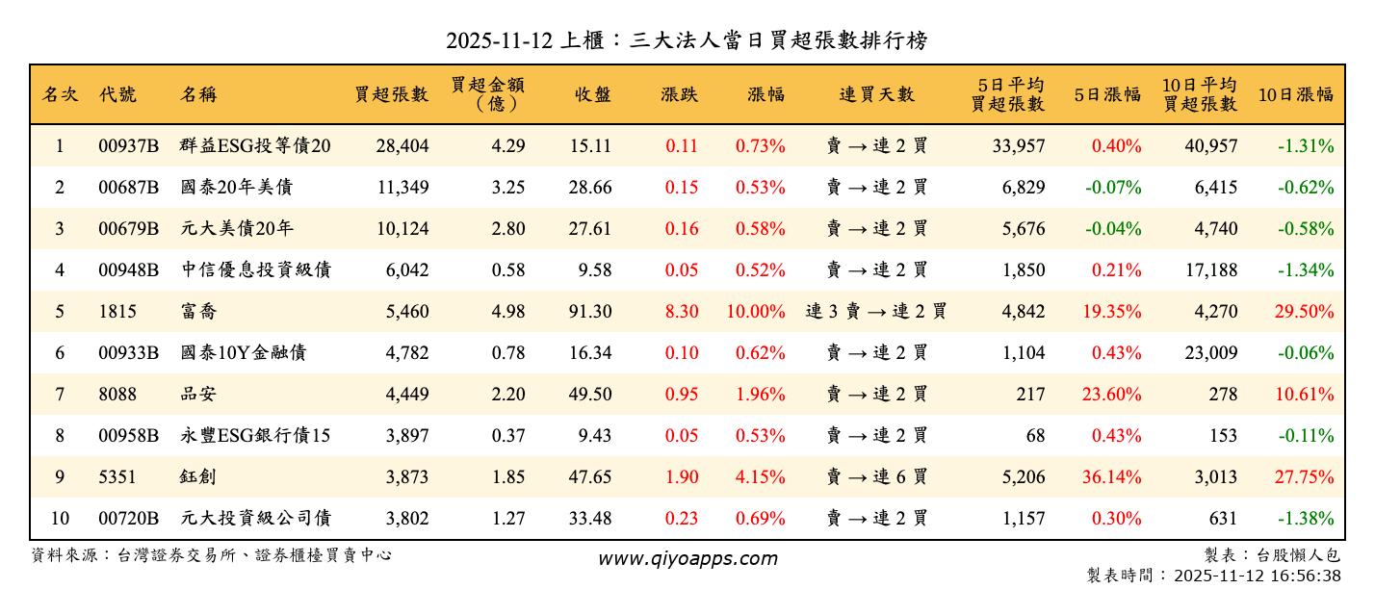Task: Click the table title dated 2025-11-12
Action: (x=687, y=39)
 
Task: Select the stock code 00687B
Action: (x=129, y=188)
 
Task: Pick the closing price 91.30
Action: (x=589, y=312)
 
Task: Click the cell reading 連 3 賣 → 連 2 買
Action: (x=876, y=312)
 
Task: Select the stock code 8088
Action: (x=117, y=395)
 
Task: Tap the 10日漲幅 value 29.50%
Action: (x=1305, y=312)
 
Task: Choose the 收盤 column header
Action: (x=593, y=94)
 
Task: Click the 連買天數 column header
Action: (x=876, y=94)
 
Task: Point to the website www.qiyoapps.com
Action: (x=687, y=558)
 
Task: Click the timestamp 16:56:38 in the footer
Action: (x=1306, y=576)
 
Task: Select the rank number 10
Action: (x=60, y=519)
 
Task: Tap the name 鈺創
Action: (x=197, y=477)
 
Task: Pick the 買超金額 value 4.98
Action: (x=508, y=312)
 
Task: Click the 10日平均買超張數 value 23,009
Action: (x=1210, y=353)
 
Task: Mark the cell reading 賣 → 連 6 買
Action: (x=876, y=477)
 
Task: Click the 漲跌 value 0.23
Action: (x=681, y=519)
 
